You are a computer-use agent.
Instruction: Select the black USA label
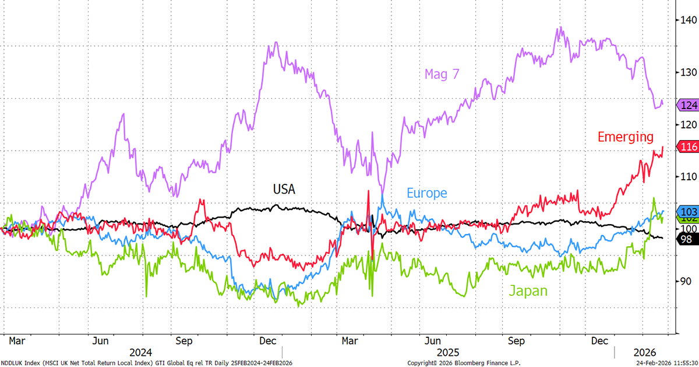[x=284, y=189]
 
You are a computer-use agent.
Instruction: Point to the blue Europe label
[x=426, y=193]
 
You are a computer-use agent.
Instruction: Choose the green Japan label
[x=528, y=291]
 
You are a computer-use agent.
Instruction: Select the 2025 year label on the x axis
[x=449, y=352]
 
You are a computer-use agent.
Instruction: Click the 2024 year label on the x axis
[x=140, y=352]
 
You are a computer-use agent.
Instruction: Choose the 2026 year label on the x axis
[x=645, y=352]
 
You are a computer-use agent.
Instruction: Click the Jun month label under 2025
[x=432, y=340]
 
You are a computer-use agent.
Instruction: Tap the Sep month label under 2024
[x=184, y=340]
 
